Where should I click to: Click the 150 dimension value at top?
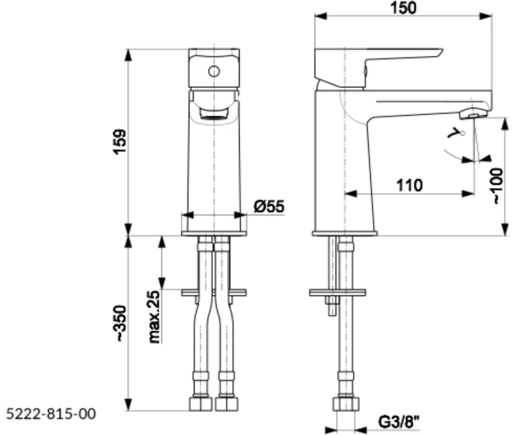coord(403,8)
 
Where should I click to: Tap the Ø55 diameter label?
coord(268,206)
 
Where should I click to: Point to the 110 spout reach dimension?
coord(410,186)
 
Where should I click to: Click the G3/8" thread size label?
coord(397,422)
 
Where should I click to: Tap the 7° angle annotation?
coord(456,134)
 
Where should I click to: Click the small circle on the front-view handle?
coord(214,70)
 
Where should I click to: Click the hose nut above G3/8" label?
coord(345,404)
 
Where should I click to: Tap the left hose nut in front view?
coord(200,404)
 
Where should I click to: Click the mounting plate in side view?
coord(337,292)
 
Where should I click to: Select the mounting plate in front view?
coord(214,292)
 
